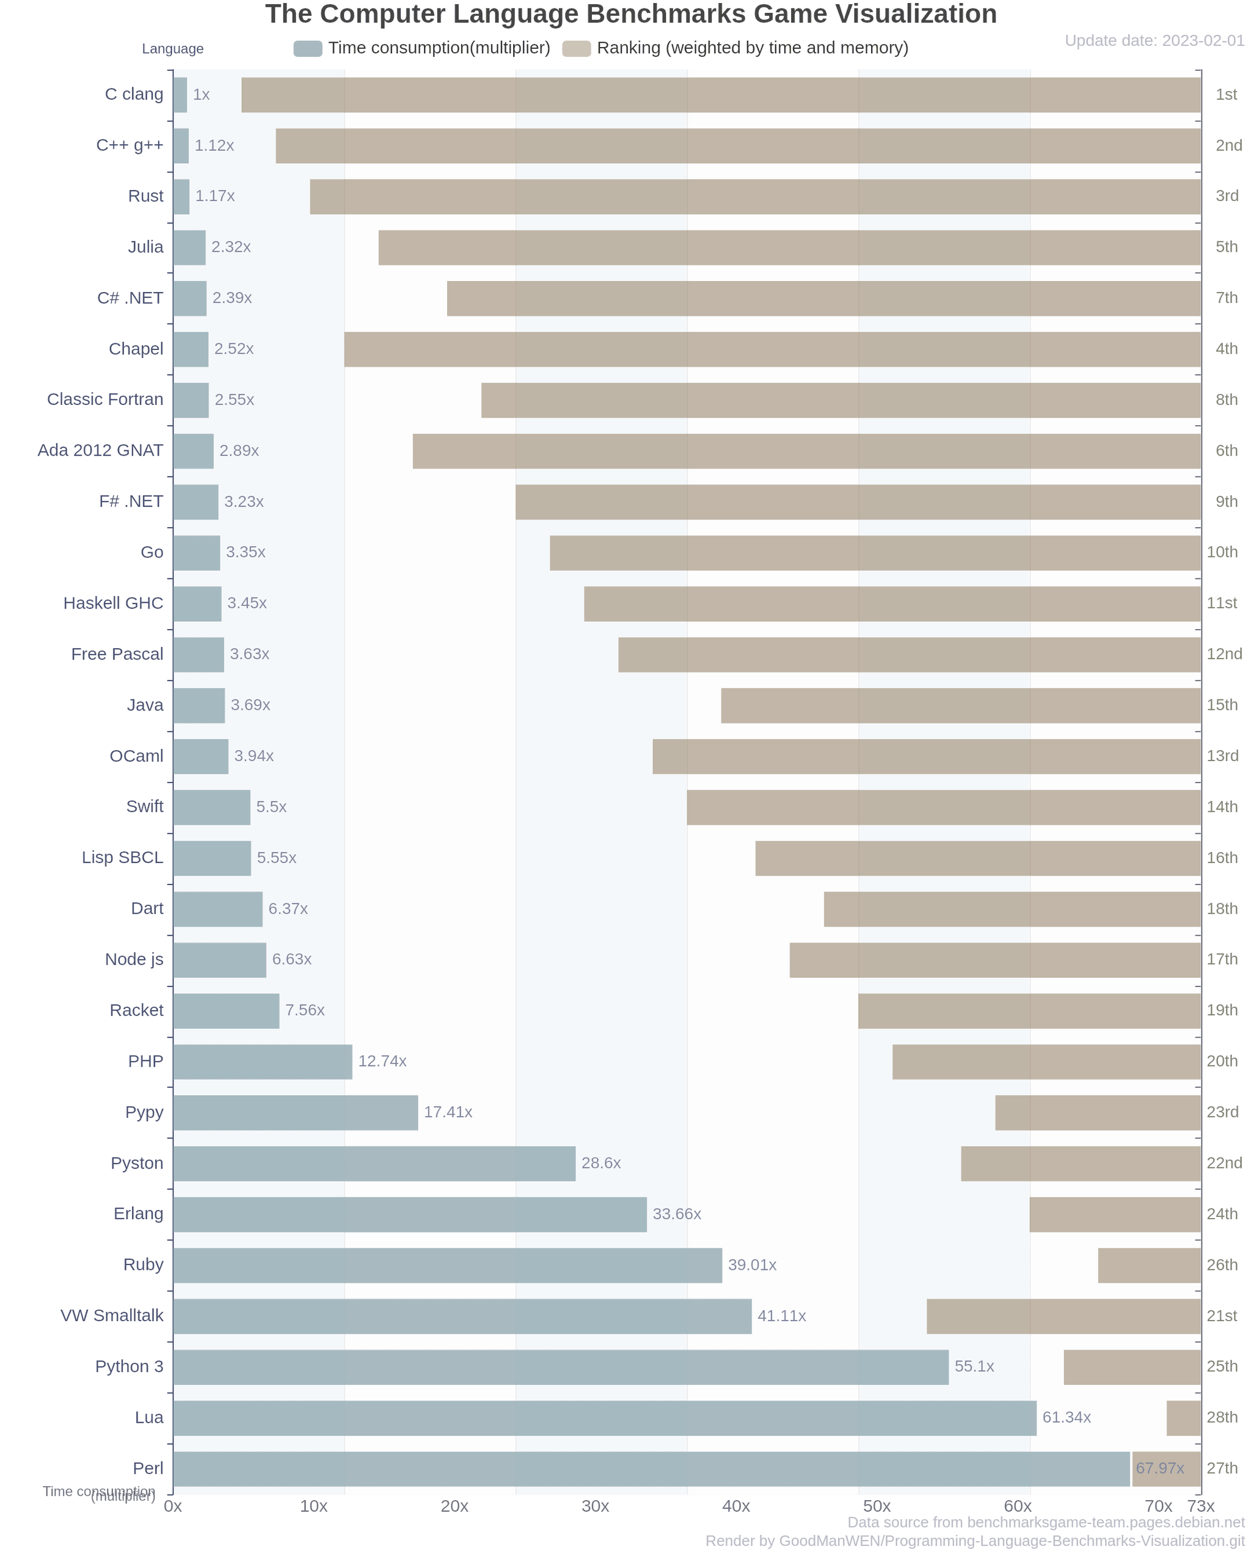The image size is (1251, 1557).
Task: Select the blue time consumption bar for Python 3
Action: pyautogui.click(x=561, y=1366)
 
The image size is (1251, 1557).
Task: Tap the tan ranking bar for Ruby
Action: pyautogui.click(x=1149, y=1264)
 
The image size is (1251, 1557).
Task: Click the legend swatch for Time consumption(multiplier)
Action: pyautogui.click(x=308, y=48)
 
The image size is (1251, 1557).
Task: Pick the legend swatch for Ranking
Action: pyautogui.click(x=577, y=48)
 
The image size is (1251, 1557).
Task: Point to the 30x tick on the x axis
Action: pyautogui.click(x=595, y=1506)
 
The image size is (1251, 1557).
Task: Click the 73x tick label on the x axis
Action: pyautogui.click(x=1201, y=1506)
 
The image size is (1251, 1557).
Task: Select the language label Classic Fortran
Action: pyautogui.click(x=106, y=399)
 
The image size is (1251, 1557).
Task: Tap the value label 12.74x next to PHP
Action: pyautogui.click(x=382, y=1061)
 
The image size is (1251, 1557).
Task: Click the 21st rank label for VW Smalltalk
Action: pyautogui.click(x=1222, y=1315)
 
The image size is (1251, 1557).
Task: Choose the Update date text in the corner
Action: pyautogui.click(x=1154, y=40)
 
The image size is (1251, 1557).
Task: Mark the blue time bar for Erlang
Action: pyautogui.click(x=409, y=1214)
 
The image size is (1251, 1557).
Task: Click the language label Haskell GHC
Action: pyautogui.click(x=114, y=603)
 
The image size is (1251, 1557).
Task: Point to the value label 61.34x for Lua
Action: pyautogui.click(x=1066, y=1417)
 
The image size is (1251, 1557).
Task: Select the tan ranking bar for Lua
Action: pyautogui.click(x=1184, y=1417)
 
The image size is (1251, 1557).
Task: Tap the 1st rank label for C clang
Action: pyautogui.click(x=1226, y=95)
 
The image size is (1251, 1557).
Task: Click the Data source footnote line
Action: pyautogui.click(x=1046, y=1522)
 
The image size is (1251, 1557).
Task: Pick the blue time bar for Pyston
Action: pyautogui.click(x=374, y=1162)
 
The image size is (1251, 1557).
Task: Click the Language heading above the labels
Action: pyautogui.click(x=173, y=48)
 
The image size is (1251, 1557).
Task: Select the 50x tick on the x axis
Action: pyautogui.click(x=877, y=1506)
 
